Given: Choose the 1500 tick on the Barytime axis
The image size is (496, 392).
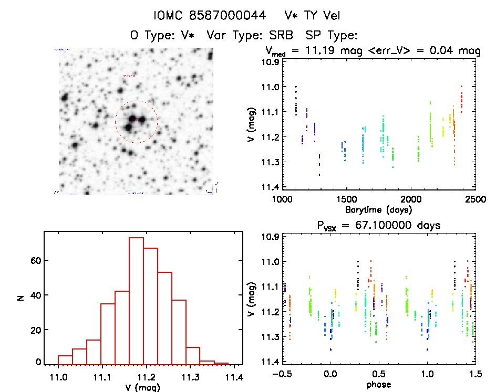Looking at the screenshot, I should coord(347,200).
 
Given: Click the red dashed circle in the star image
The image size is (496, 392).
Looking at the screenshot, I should coord(137,101).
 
